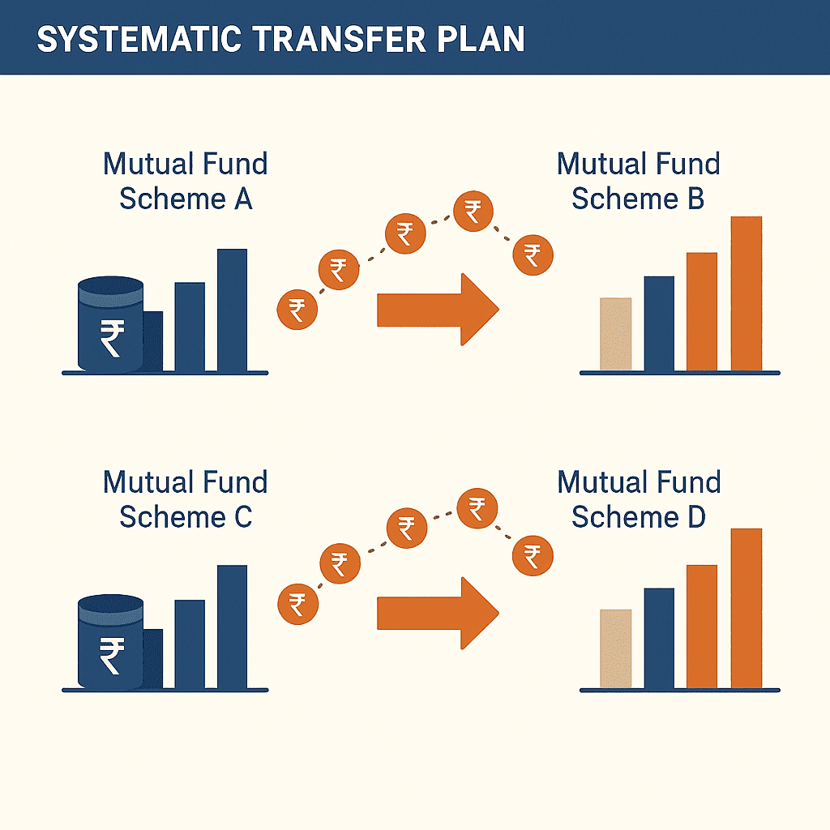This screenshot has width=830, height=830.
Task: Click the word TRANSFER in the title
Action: [x=340, y=39]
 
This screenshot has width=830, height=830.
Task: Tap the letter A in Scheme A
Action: [x=242, y=199]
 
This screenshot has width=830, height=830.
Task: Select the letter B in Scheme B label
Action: [x=695, y=199]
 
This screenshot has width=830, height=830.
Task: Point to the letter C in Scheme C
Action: [x=243, y=517]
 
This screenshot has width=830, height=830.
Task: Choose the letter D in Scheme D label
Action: [x=696, y=517]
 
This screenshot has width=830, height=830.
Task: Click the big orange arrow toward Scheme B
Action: [x=438, y=310]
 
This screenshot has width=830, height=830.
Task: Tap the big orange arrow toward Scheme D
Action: [x=438, y=613]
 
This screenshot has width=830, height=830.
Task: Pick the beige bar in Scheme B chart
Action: [x=616, y=334]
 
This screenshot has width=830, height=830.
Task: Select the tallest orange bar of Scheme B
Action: [x=747, y=293]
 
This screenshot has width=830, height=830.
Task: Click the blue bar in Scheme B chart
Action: [x=659, y=323]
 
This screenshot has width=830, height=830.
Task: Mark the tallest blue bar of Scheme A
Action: [x=233, y=310]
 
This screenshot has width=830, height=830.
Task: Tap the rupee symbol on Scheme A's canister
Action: [x=112, y=338]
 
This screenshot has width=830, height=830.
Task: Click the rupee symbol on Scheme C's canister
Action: [x=112, y=655]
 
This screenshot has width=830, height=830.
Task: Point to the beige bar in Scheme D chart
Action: [x=616, y=649]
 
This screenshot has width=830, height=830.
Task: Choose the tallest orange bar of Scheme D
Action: [x=747, y=608]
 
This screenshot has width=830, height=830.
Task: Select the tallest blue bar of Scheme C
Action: [x=233, y=627]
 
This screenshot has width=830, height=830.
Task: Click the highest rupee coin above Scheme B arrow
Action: [x=473, y=212]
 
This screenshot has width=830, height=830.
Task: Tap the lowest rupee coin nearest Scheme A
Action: [x=297, y=310]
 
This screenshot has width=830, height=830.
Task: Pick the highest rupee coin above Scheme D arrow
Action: [x=477, y=509]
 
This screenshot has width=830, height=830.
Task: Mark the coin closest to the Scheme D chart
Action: [x=533, y=556]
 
